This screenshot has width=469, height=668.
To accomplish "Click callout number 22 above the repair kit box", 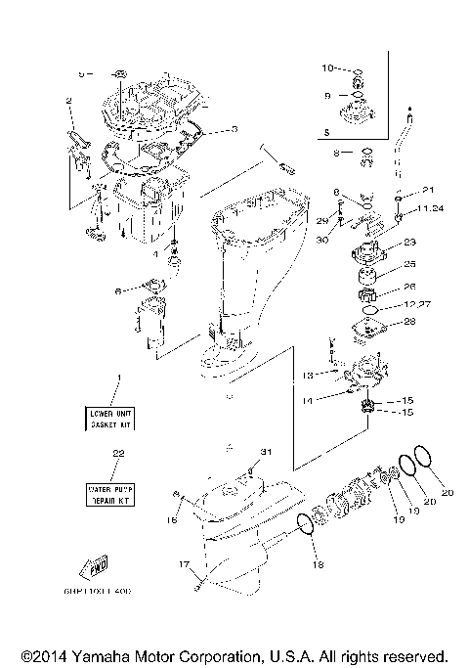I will [x=119, y=453].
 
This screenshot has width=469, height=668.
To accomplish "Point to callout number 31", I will [x=263, y=451].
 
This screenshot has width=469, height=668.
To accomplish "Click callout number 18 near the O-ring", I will [x=316, y=564].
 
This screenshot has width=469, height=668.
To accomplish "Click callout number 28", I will [x=409, y=322].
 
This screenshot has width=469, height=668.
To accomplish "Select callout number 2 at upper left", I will [x=69, y=100].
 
